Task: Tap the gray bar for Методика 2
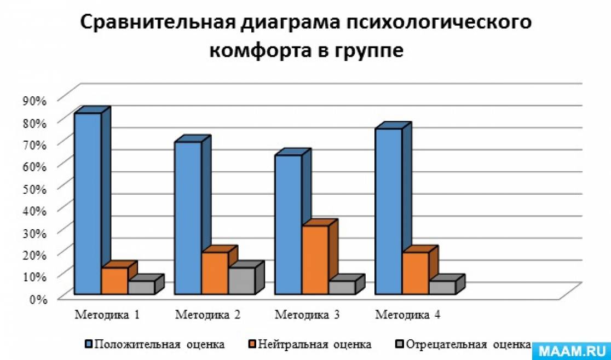point(241,281)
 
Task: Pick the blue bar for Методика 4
point(388,211)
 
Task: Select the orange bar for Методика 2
point(215,273)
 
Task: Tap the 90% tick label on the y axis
point(35,100)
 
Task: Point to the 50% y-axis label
point(35,188)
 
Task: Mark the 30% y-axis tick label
point(35,232)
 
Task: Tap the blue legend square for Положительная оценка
point(89,345)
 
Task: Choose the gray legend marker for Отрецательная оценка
point(399,345)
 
